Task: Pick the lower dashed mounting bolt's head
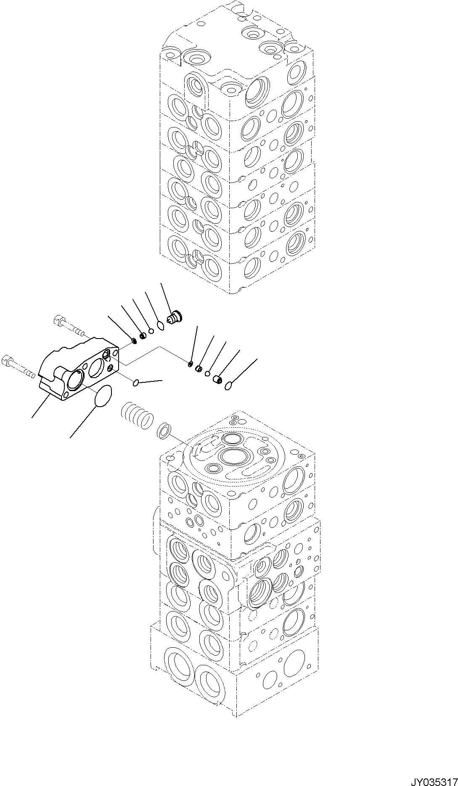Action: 8,360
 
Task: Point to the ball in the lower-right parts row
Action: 208,373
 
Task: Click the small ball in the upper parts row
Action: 151,331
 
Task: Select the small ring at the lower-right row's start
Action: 191,363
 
